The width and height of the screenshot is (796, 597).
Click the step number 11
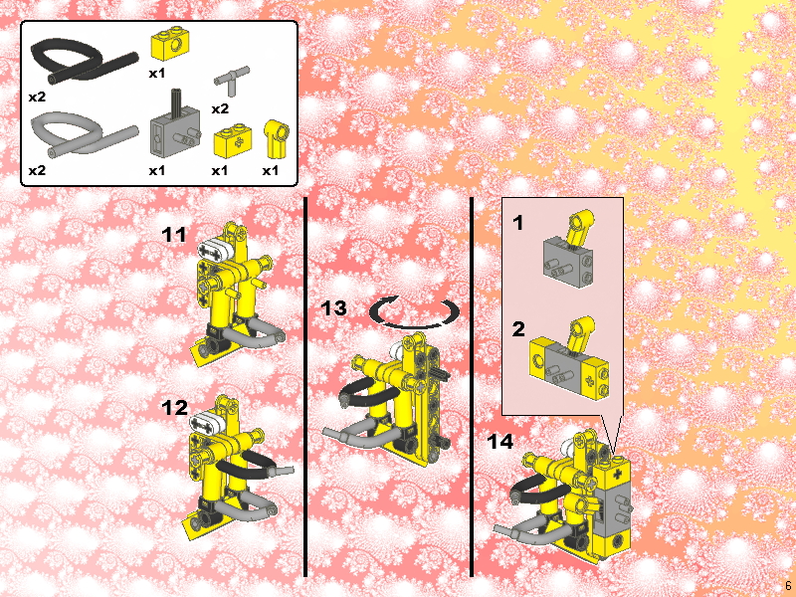[174, 235]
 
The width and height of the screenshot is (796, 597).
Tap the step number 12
[175, 408]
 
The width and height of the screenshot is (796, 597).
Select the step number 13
[333, 308]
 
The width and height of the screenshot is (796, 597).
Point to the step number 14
[500, 441]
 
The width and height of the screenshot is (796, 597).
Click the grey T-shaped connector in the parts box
[232, 81]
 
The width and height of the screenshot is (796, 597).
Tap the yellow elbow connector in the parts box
[276, 139]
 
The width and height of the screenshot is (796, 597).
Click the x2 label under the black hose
[37, 97]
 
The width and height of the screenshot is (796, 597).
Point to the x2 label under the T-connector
[220, 108]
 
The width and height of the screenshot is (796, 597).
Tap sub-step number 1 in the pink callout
[517, 223]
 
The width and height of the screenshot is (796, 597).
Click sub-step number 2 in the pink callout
[518, 329]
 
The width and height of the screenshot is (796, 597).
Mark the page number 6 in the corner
[788, 585]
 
